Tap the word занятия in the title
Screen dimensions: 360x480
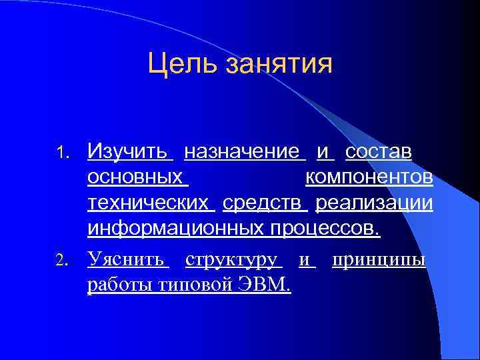(x=279, y=65)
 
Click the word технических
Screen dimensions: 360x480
(x=147, y=203)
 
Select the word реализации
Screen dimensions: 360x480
(x=374, y=203)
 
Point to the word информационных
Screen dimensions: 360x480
(x=176, y=228)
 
